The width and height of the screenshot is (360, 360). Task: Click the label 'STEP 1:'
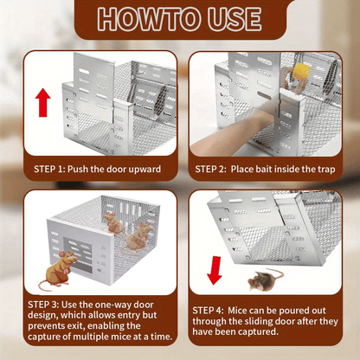click(46, 169)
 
